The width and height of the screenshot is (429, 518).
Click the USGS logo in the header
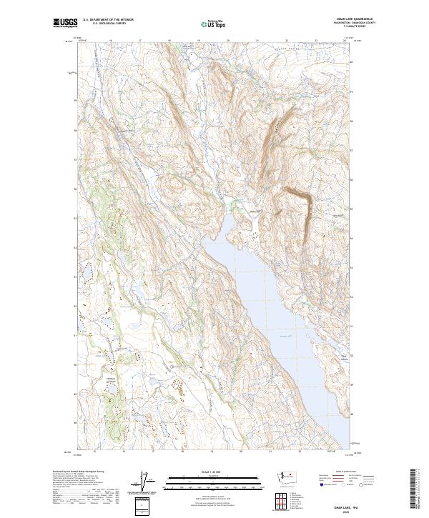(x=65, y=23)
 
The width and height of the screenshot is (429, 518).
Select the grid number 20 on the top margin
(x=227, y=41)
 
